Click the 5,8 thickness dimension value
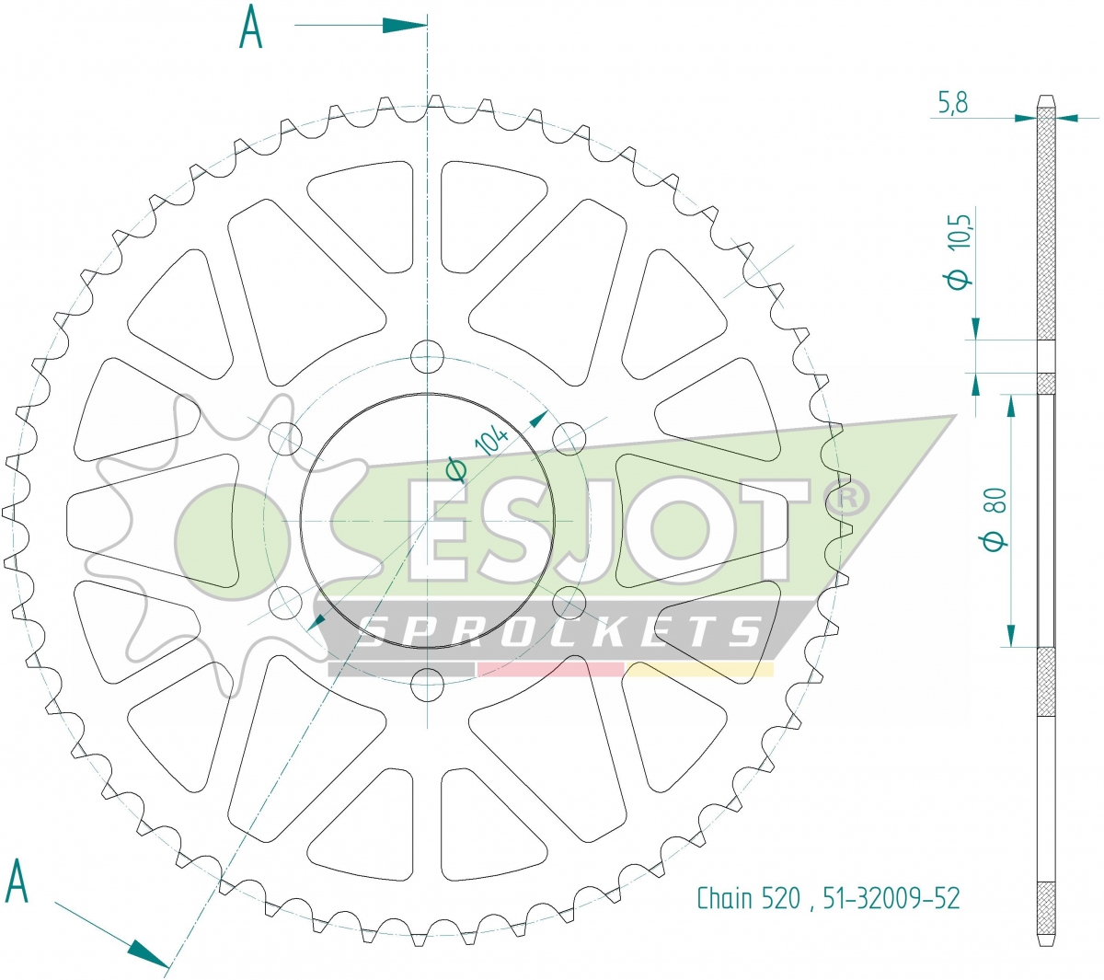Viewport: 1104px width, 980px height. click(952, 102)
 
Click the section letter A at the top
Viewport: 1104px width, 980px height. click(250, 27)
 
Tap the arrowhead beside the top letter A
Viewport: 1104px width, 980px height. click(404, 25)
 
